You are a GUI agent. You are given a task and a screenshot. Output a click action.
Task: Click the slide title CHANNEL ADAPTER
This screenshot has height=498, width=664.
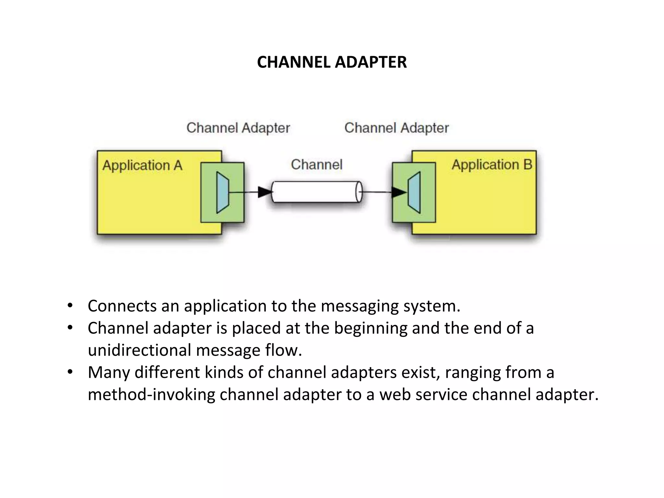point(332,62)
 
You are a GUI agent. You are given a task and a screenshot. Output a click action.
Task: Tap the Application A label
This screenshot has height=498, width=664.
point(142,165)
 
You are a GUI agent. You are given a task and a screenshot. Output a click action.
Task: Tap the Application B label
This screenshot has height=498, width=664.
point(492,165)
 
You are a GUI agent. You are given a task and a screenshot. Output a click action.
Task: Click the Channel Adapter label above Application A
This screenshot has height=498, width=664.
point(238,128)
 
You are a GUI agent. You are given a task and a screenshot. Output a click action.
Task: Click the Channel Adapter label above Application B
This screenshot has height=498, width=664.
point(396,128)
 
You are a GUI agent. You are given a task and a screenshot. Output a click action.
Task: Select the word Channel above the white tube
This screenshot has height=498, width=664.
point(316,164)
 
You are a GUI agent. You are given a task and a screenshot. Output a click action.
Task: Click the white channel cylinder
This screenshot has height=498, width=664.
point(316,192)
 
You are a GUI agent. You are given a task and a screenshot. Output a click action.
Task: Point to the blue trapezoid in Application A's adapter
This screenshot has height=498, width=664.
point(222,193)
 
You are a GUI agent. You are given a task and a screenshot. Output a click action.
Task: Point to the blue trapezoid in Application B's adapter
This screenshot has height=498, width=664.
point(415,193)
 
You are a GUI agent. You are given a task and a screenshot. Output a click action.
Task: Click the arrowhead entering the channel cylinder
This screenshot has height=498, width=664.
point(265,192)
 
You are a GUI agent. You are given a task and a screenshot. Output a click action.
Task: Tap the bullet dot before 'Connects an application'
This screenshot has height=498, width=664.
point(70,306)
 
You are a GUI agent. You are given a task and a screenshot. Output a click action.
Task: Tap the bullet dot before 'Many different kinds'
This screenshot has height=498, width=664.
point(70,372)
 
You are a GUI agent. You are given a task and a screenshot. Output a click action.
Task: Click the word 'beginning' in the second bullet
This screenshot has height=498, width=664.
point(370,328)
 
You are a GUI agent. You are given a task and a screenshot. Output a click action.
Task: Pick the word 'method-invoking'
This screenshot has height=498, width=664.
point(151,395)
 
